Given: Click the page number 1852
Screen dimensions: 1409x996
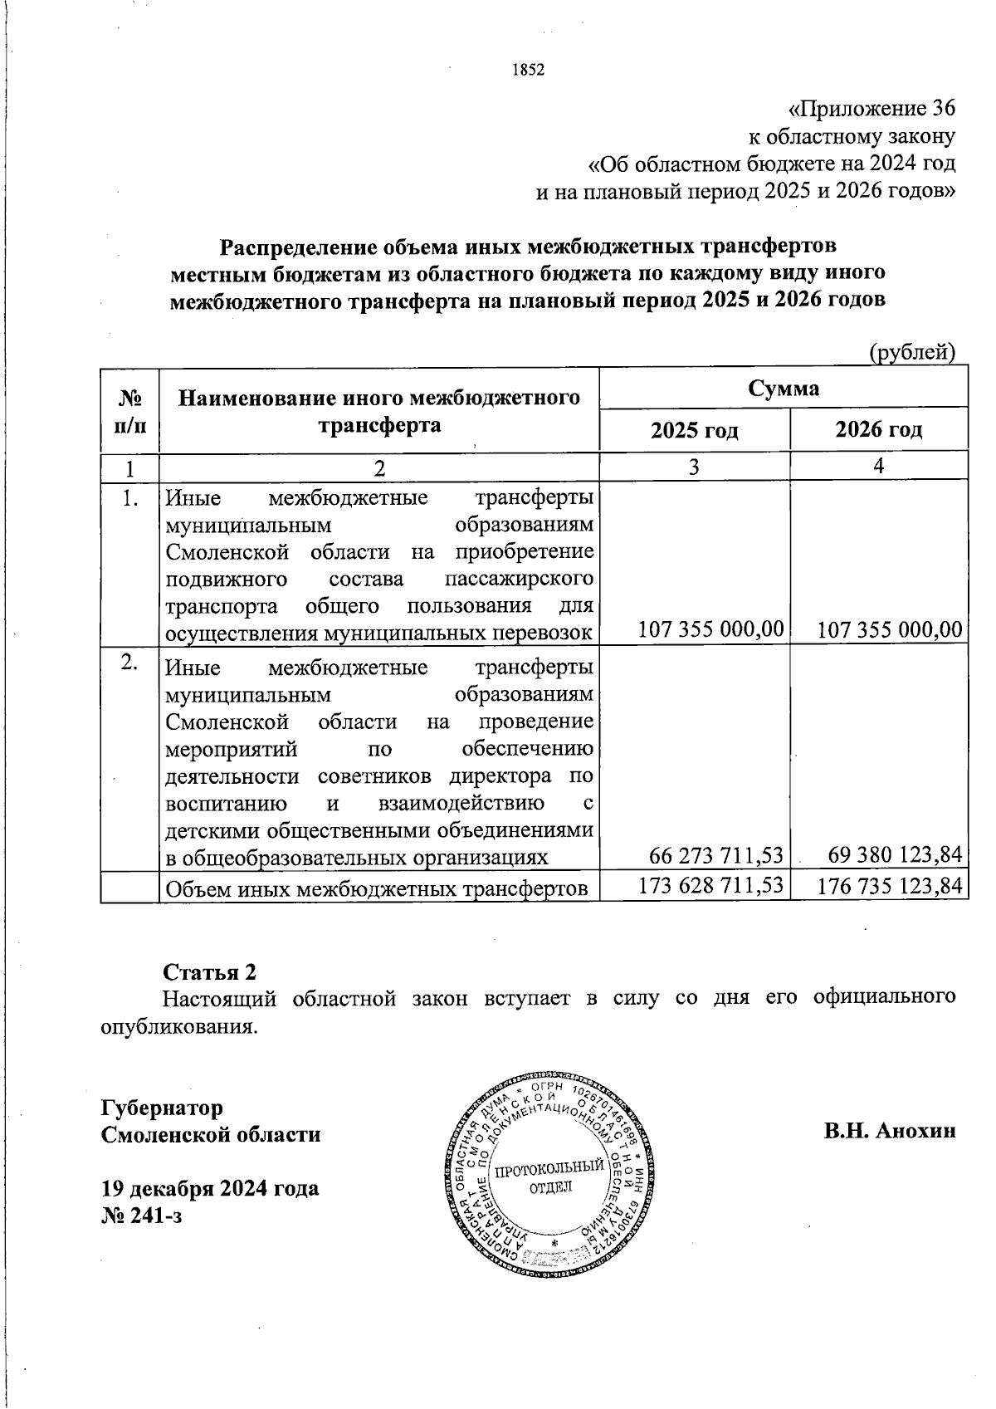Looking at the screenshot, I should [x=527, y=70].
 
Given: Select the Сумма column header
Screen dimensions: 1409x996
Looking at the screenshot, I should [x=784, y=389].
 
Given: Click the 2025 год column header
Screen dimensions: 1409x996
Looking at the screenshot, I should [x=694, y=430].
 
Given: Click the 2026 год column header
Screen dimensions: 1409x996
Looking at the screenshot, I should [x=878, y=430].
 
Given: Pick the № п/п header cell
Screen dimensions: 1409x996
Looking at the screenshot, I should [x=129, y=410].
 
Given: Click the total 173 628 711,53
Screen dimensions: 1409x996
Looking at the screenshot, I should [x=710, y=886].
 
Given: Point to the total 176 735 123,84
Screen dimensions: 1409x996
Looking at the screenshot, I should [x=890, y=887].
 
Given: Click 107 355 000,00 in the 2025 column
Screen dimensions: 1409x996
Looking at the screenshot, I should [x=710, y=629].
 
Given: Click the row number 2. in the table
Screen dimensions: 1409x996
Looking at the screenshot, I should [x=129, y=662].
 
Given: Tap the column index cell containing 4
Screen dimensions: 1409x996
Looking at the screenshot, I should [x=878, y=466].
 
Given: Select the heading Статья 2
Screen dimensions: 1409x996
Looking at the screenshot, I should [x=209, y=972].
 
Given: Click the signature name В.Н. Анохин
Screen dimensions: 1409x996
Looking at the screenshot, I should [x=890, y=1131].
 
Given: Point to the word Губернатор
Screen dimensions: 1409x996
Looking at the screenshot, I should [x=162, y=1108].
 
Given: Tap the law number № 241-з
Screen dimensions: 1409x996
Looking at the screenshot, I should [x=140, y=1216].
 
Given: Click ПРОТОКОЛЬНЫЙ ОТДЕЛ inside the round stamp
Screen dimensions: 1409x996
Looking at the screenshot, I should [x=549, y=1177].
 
